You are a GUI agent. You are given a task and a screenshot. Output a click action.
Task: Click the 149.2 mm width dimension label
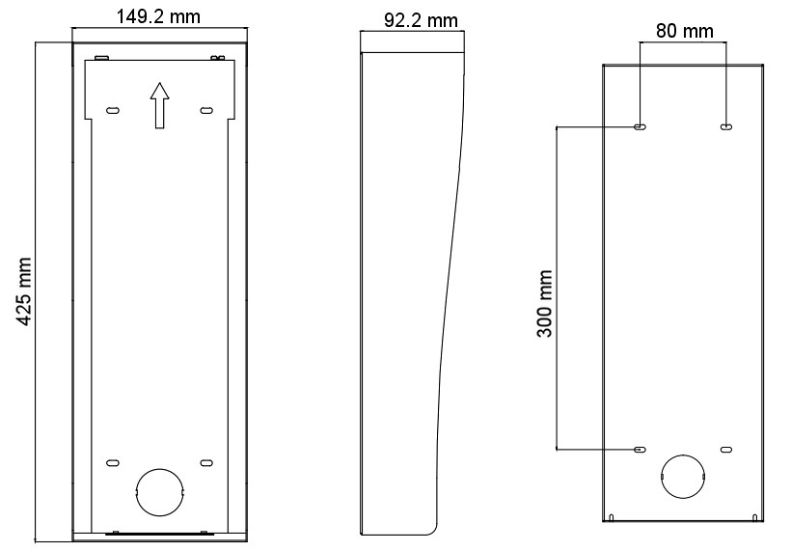pos(158,16)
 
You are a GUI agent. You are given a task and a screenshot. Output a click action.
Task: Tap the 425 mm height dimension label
pos(23,291)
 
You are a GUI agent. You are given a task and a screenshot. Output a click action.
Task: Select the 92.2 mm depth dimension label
pos(422,20)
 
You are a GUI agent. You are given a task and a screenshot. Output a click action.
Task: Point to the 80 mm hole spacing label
pos(685,31)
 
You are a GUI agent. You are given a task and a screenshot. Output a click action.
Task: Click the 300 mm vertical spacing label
pos(545,303)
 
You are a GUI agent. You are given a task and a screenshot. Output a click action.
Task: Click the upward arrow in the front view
pos(159,105)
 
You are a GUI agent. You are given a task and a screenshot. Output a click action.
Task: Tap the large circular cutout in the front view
pos(159,492)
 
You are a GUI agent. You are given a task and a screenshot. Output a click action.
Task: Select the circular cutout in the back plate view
pos(683,477)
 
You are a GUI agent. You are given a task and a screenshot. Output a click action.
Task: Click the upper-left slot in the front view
pos(113,110)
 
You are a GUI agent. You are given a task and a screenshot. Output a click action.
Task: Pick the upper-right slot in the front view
pos(206,110)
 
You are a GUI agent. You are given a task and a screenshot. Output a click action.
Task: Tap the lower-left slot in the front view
pos(113,462)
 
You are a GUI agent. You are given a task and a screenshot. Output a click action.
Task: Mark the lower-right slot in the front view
pos(206,462)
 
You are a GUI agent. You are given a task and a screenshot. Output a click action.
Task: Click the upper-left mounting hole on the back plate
pos(641,127)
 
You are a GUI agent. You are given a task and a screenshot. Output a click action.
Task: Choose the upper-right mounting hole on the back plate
pos(726,127)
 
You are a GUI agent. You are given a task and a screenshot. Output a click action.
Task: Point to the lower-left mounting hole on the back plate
pos(641,449)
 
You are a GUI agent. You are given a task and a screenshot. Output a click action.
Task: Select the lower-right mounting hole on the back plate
pos(726,449)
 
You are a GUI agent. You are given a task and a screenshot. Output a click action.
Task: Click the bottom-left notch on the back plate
pos(612,517)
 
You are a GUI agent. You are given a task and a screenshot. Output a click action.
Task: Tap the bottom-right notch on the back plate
pos(754,517)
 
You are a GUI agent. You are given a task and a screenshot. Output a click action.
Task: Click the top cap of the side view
pos(413,41)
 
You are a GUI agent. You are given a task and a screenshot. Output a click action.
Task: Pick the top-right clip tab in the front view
pos(217,58)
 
